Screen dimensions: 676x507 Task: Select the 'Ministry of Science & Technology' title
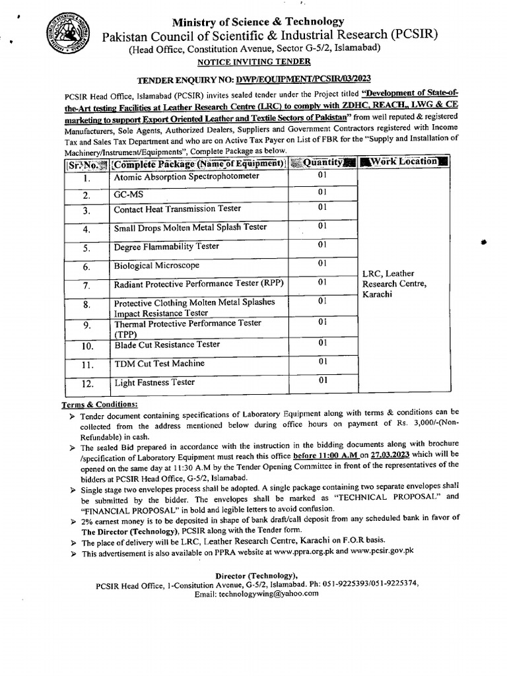(x=258, y=22)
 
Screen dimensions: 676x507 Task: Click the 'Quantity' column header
(x=322, y=162)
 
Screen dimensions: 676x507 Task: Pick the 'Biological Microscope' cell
(x=156, y=265)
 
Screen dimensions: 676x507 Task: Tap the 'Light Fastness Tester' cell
(x=154, y=382)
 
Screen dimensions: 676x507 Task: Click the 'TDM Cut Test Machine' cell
(x=159, y=363)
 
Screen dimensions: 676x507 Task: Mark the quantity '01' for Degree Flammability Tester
(x=322, y=244)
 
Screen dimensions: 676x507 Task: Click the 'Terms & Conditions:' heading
(x=100, y=403)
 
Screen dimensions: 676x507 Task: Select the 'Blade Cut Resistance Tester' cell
(x=167, y=345)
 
